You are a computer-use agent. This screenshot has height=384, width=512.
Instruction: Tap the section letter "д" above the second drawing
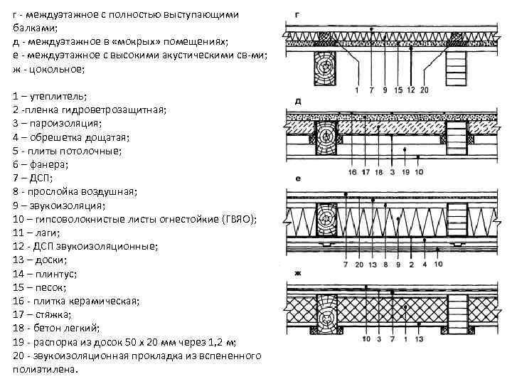click(x=297, y=102)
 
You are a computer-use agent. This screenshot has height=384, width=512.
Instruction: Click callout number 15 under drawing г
click(x=400, y=90)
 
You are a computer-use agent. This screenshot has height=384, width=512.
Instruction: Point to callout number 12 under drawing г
click(x=412, y=90)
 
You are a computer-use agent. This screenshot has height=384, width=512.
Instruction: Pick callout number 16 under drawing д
click(x=353, y=172)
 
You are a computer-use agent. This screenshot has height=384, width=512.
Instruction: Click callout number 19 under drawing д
click(x=405, y=172)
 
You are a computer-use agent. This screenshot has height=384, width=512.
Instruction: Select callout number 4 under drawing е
click(x=424, y=265)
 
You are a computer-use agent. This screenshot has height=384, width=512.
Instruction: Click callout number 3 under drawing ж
click(x=378, y=340)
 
